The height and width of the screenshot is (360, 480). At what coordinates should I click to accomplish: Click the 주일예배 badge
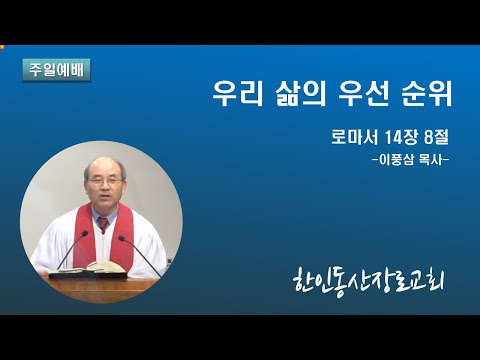pos(56,70)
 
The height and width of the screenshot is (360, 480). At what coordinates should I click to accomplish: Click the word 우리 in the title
pos(237,93)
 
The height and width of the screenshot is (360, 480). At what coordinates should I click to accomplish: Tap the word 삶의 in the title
pos(300,93)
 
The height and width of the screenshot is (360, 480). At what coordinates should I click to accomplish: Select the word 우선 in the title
pos(363,93)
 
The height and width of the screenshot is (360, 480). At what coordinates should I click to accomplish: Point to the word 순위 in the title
pos(427,93)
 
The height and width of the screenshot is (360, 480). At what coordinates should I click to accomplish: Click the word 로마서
pos(354,137)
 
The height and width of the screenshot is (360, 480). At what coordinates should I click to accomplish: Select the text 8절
pos(437,137)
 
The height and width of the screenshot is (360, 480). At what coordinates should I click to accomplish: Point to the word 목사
pos(431,160)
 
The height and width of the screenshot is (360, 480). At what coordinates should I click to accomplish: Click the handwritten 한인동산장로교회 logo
pos(369,284)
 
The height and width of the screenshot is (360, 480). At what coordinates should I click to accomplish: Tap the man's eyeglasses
pos(104,181)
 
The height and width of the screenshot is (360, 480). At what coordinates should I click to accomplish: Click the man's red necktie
pos(103,224)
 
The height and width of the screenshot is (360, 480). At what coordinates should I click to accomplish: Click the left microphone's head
pos(85,233)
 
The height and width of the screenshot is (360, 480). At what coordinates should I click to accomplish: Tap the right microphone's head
pos(121,238)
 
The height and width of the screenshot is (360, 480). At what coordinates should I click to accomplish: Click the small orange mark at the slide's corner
pos(1,46)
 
